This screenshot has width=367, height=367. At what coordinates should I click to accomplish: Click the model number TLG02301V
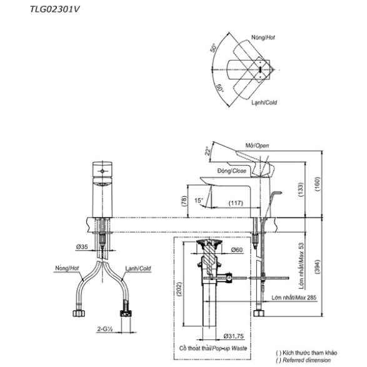tap(55, 9)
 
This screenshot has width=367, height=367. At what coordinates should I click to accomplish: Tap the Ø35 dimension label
tap(82, 246)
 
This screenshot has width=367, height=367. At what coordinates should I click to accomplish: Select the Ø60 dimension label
tap(237, 249)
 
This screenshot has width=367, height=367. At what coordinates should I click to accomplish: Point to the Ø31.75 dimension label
tap(234, 336)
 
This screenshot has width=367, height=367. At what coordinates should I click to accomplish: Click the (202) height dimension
tap(179, 289)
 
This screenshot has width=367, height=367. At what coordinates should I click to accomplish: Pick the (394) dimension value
tap(317, 266)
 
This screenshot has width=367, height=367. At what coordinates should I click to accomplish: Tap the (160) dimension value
tap(318, 184)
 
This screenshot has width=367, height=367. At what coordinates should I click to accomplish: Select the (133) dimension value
tap(301, 189)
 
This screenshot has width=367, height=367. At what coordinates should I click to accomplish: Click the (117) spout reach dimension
tap(236, 203)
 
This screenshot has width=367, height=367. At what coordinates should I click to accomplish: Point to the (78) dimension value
tap(184, 201)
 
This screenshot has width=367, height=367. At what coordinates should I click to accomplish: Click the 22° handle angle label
tap(208, 151)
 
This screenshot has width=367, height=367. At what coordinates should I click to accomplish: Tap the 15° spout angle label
tap(199, 200)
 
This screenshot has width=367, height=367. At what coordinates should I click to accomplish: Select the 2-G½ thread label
tap(105, 329)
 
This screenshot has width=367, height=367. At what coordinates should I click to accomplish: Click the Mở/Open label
tap(257, 145)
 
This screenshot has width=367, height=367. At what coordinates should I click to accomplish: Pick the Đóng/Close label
tap(232, 171)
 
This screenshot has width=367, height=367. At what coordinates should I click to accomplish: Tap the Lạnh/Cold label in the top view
tap(264, 103)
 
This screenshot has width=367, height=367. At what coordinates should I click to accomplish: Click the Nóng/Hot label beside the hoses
tap(67, 268)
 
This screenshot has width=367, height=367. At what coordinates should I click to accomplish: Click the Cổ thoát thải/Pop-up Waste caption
tap(213, 348)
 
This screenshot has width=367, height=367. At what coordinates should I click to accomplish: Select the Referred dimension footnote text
tap(303, 360)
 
